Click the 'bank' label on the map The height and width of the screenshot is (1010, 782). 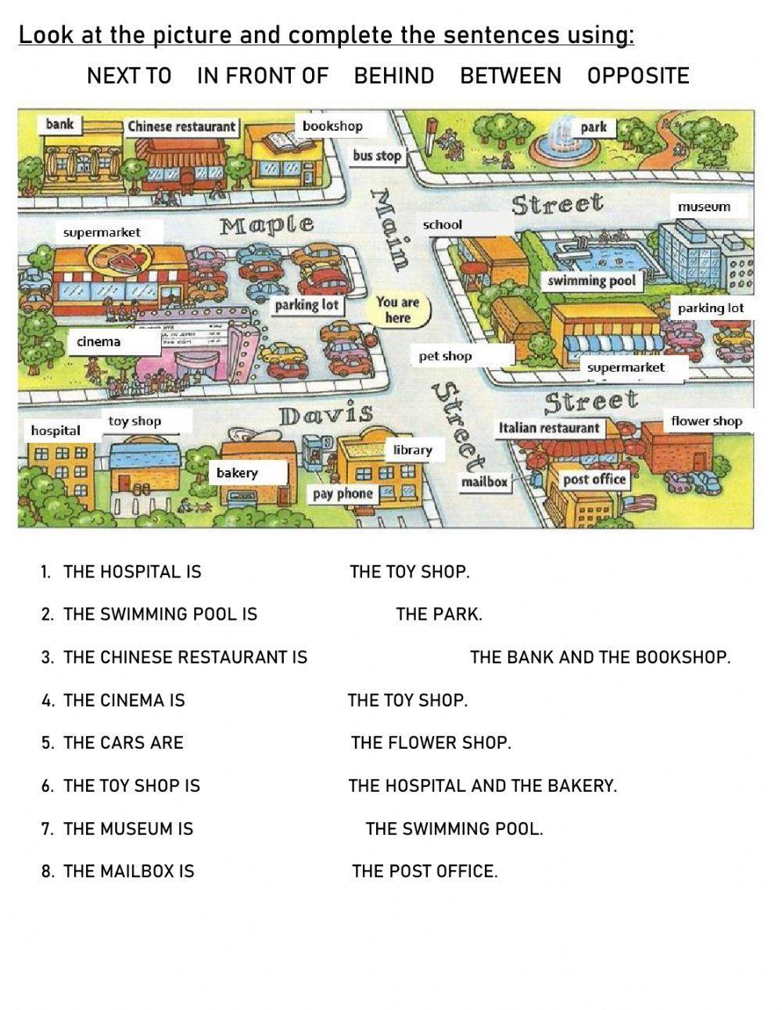click(59, 124)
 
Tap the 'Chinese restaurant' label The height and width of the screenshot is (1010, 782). click(181, 127)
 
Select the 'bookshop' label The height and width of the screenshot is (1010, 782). click(332, 126)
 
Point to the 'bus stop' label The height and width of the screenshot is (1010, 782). click(376, 156)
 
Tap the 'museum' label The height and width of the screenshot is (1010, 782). click(704, 207)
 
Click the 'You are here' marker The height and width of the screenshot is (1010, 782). click(397, 310)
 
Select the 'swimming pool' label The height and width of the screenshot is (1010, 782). click(591, 280)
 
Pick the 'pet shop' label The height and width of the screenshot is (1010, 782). click(446, 356)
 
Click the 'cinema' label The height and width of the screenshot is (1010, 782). click(99, 341)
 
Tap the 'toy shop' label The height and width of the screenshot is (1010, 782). click(135, 421)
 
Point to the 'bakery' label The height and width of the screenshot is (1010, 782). click(237, 473)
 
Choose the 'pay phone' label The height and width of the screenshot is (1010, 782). click(343, 494)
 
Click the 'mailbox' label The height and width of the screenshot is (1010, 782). click(484, 482)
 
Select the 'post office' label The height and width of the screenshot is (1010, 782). click(594, 480)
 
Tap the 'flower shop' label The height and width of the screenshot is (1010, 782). click(706, 421)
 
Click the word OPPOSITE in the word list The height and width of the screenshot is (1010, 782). click(638, 76)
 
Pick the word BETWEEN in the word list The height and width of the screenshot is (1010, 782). click(511, 76)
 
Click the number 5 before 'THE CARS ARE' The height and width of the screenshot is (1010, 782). click(47, 742)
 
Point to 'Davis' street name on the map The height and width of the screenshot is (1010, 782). click(326, 414)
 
